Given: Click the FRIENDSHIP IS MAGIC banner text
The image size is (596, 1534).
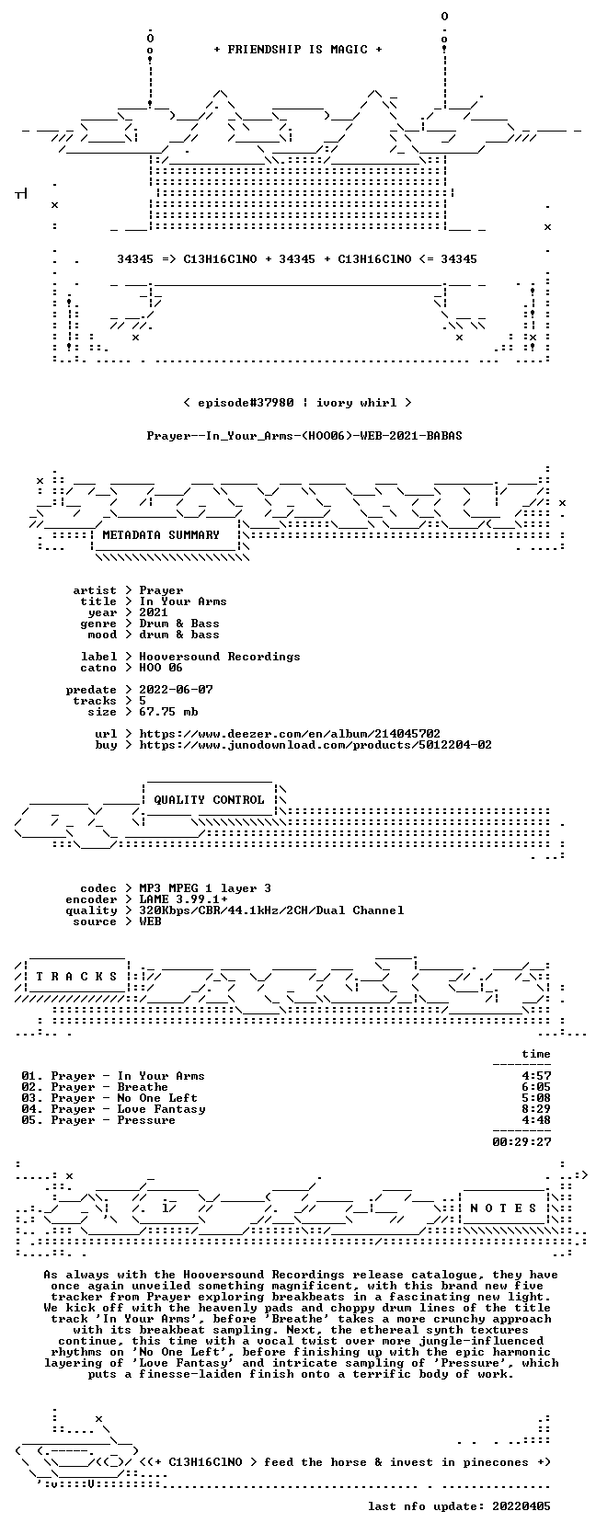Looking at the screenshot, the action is (x=298, y=50).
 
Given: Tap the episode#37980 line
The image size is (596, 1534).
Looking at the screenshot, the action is (x=298, y=403).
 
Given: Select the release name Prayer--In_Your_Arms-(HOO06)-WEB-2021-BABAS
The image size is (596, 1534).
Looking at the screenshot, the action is (x=304, y=436).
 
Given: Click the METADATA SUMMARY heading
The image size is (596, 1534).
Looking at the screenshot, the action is (x=161, y=535).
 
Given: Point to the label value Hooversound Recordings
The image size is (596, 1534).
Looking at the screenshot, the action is (x=220, y=657).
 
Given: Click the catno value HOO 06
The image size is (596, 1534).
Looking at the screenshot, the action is (x=161, y=668).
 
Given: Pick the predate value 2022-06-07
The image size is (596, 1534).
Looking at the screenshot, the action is (x=176, y=690).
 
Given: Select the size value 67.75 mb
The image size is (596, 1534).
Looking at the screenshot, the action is (x=168, y=712).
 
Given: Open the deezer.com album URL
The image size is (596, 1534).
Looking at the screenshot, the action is (x=290, y=734).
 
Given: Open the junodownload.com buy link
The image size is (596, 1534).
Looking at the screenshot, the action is (x=315, y=744).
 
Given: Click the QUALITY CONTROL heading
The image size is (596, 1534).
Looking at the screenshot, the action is (x=209, y=800).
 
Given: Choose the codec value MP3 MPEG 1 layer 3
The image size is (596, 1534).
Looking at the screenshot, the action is (x=205, y=888).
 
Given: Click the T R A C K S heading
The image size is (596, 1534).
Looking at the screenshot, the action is (x=76, y=977).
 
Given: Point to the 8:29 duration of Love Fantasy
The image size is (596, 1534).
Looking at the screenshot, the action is (x=536, y=1109).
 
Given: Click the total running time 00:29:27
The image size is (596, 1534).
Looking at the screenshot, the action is (x=521, y=1141).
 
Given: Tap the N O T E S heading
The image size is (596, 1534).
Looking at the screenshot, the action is (x=503, y=1208).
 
